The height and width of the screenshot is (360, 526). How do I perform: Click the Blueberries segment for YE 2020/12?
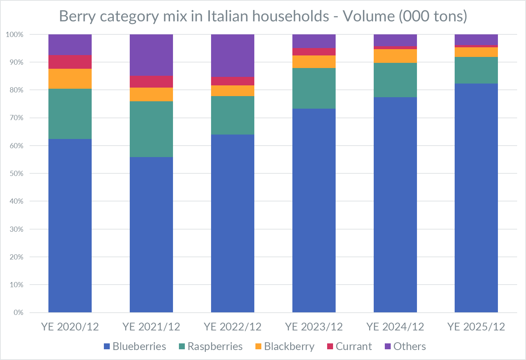[x=70, y=225]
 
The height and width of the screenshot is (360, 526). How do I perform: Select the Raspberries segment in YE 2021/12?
[x=151, y=129]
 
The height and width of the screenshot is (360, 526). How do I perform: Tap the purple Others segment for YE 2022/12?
[x=233, y=55]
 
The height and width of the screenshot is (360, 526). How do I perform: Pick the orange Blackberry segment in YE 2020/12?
[x=70, y=79]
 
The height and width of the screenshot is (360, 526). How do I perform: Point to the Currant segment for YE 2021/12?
[x=151, y=82]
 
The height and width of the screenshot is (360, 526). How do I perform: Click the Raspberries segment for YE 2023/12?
[x=314, y=88]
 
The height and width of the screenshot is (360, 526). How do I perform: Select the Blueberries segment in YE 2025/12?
[x=476, y=198]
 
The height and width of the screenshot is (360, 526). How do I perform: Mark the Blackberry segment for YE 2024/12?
[x=395, y=56]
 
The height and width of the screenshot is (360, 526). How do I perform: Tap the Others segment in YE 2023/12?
[x=314, y=41]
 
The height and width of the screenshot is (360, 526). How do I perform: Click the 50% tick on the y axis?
[x=15, y=173]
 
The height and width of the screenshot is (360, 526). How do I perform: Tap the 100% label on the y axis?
[x=15, y=34]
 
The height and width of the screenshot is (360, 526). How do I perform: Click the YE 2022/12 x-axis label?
[x=233, y=327]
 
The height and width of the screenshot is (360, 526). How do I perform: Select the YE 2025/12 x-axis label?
[x=476, y=327]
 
